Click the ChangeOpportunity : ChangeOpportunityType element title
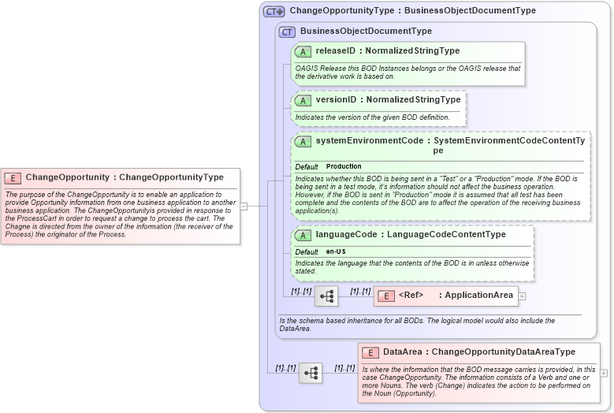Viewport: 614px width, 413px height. [125, 177]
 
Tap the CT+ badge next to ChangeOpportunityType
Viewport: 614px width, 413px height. [274, 11]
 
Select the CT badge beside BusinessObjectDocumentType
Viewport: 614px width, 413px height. [287, 32]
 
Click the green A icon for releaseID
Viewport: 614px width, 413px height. [303, 51]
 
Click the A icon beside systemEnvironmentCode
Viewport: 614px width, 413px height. [303, 142]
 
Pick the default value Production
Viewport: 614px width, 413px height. [344, 166]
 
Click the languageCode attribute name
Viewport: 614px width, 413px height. [345, 235]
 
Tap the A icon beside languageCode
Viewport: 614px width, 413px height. [303, 235]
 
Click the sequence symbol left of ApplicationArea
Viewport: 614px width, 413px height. [326, 296]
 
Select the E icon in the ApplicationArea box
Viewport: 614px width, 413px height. [386, 296]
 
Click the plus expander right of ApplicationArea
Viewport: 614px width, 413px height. [522, 296]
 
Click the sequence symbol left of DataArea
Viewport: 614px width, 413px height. [311, 373]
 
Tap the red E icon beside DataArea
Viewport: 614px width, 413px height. [370, 352]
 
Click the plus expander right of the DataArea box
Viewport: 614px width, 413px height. [604, 373]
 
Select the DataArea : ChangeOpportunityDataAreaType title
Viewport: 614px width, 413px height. [478, 352]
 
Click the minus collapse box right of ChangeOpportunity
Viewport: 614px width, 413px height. [244, 206]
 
